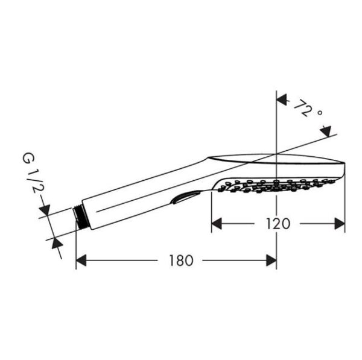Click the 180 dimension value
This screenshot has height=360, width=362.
tap(180, 261)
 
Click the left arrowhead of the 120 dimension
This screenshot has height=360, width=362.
tap(217, 224)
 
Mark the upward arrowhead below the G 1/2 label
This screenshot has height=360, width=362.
tap(57, 242)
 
